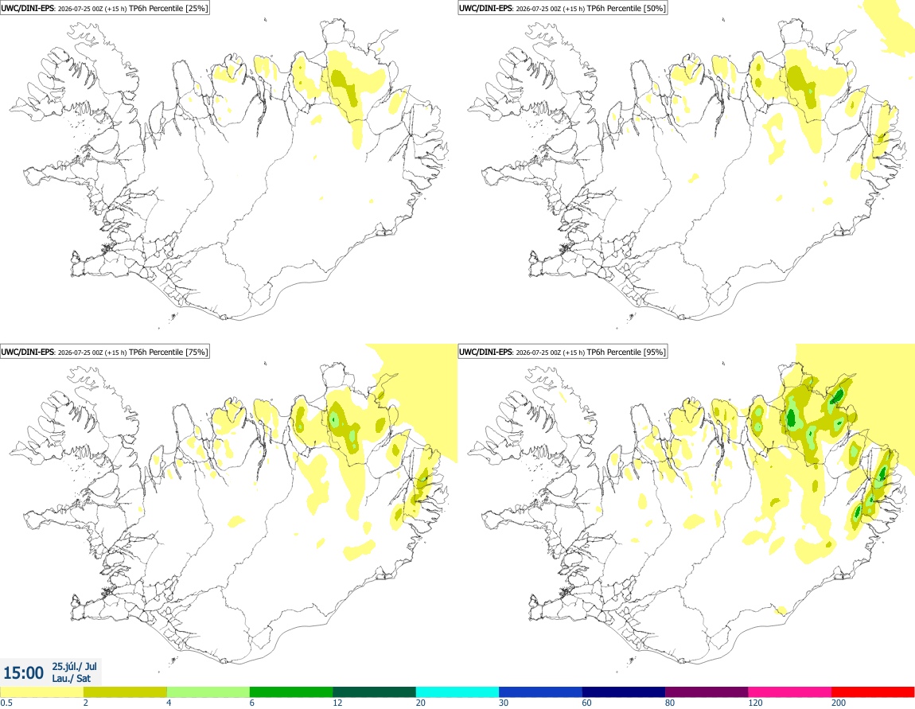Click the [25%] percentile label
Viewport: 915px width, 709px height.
tap(197, 8)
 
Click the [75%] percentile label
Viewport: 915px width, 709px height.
tap(197, 352)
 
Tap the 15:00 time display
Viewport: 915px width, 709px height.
tap(23, 673)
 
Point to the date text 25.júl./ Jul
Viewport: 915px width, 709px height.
tap(74, 666)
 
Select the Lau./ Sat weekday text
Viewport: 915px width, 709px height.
tap(71, 678)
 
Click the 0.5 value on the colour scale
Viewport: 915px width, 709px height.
tap(6, 703)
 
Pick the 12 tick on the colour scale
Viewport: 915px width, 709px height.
tap(337, 703)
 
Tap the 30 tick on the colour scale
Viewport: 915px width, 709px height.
tap(504, 703)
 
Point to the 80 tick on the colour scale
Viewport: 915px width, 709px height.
tap(670, 703)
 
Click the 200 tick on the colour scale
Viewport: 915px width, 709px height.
tap(839, 703)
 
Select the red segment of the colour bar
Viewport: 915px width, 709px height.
tap(873, 692)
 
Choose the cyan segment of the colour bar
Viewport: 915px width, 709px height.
tap(457, 692)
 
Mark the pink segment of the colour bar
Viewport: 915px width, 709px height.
tap(789, 692)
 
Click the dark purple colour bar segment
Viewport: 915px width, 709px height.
tap(707, 692)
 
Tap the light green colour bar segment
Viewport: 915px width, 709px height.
tap(208, 692)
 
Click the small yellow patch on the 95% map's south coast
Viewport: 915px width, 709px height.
tap(781, 610)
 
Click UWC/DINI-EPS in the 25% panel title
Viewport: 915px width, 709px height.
tap(27, 8)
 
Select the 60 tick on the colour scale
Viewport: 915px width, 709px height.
tap(586, 703)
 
